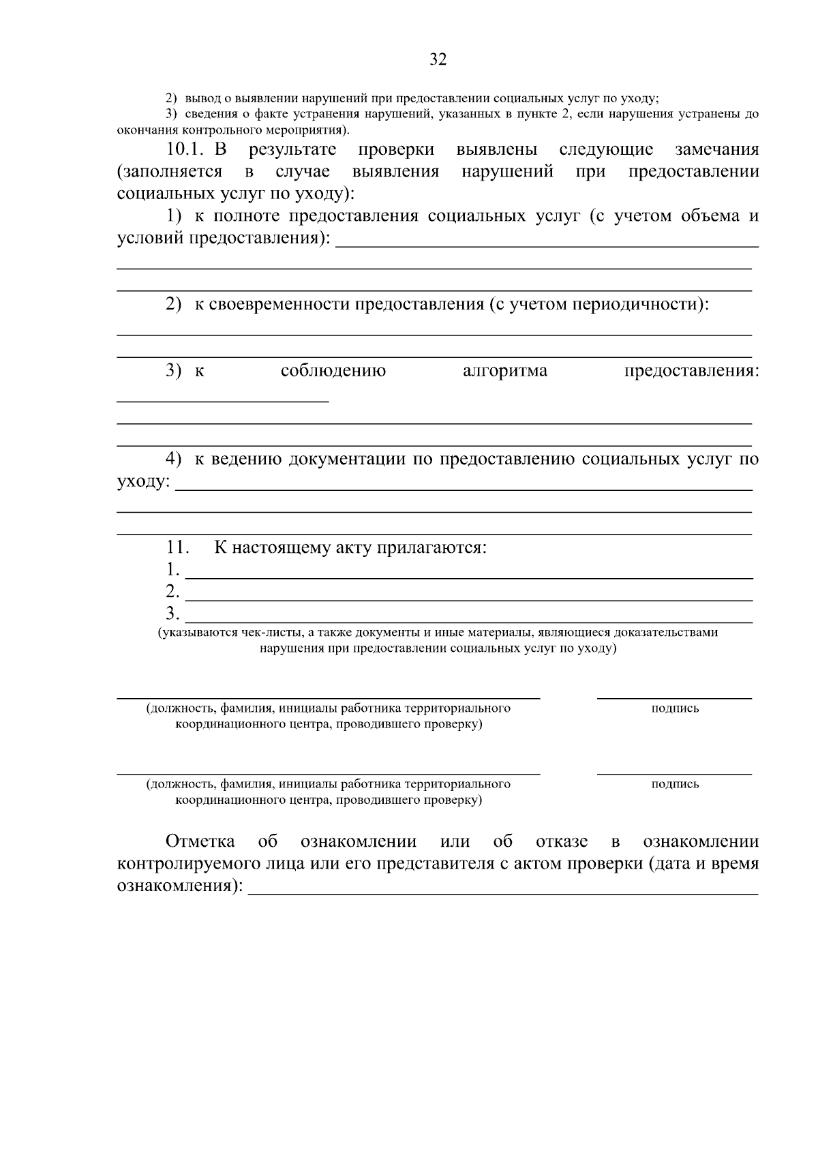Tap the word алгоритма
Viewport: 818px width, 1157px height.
(x=504, y=371)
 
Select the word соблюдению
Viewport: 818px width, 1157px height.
(x=333, y=371)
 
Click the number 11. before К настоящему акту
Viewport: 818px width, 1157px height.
(x=177, y=547)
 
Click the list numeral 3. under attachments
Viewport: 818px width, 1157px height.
(x=172, y=614)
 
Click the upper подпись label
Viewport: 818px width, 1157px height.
(x=675, y=708)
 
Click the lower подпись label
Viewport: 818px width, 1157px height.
(x=675, y=784)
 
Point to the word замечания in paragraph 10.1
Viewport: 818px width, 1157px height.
(x=716, y=149)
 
